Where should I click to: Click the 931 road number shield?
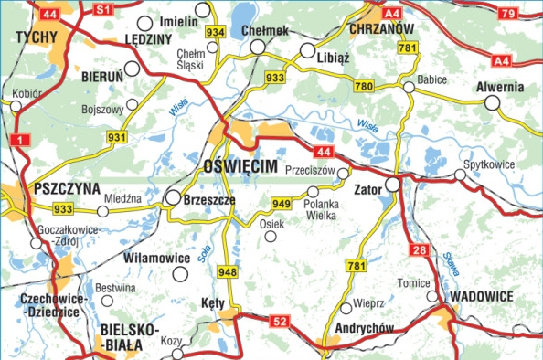116,137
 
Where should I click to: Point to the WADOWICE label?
482,297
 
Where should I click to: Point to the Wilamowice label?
156,259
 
